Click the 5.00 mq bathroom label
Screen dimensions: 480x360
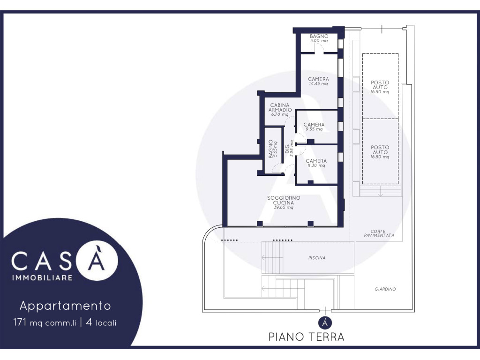(319, 38)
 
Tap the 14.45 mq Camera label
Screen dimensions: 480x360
(318, 81)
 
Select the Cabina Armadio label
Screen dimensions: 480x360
(280, 107)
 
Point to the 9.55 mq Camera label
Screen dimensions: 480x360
(314, 127)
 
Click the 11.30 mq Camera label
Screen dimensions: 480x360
(316, 163)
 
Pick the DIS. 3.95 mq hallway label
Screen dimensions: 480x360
(289, 149)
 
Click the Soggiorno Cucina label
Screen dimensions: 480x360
(284, 200)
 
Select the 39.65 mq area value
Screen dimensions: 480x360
(284, 207)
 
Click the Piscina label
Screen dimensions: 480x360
(317, 258)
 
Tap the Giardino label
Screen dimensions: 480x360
(385, 289)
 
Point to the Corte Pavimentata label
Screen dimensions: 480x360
(379, 233)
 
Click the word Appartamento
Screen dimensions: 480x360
(65, 306)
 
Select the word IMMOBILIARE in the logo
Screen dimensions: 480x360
(42, 277)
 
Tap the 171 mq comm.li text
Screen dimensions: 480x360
(45, 322)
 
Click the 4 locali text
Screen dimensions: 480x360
(101, 322)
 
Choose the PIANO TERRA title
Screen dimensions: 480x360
(307, 337)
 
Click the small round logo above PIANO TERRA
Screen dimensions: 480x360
(325, 322)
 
